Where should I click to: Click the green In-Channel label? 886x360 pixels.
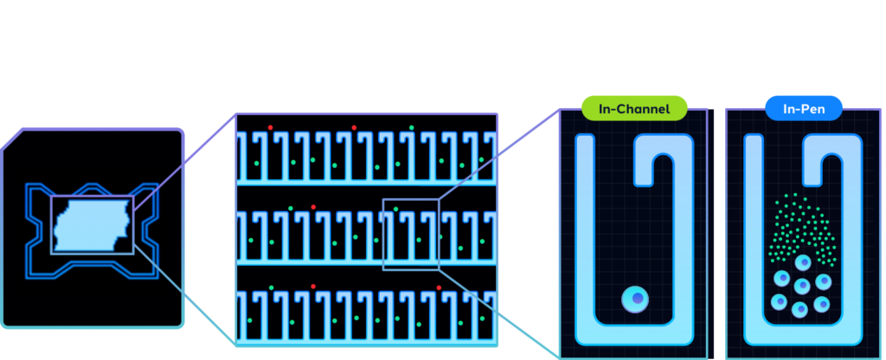click(x=633, y=108)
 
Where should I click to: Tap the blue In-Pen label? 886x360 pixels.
click(x=792, y=108)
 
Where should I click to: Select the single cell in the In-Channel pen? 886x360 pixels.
click(x=636, y=299)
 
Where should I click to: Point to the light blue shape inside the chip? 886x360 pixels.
click(x=91, y=225)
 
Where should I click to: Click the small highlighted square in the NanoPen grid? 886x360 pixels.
click(x=411, y=234)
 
